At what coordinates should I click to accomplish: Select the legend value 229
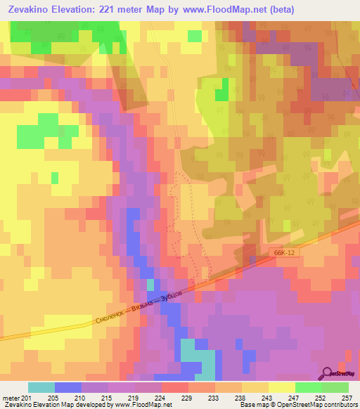coord(187,397)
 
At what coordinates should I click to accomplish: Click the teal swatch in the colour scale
coord(41,387)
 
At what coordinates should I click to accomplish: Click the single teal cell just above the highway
coord(150,285)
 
